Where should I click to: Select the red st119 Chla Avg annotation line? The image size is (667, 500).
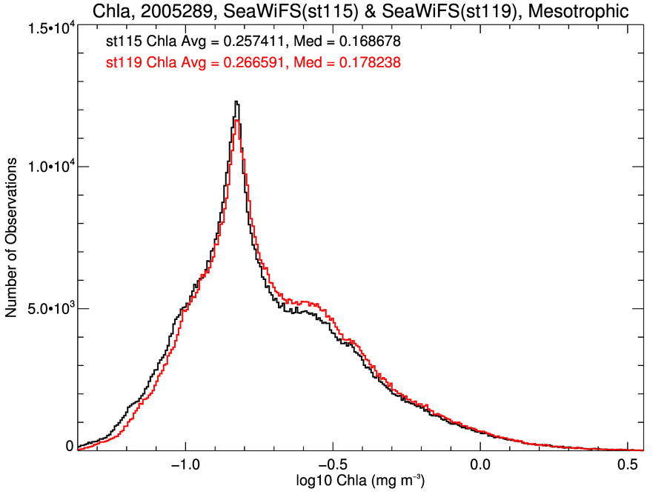[x=254, y=64]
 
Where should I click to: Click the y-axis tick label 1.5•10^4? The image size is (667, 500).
[x=48, y=29]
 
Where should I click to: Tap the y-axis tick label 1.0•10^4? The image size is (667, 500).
[x=48, y=167]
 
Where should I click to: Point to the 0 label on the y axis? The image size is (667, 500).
[x=69, y=446]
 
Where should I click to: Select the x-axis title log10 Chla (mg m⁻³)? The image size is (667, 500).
[x=360, y=481]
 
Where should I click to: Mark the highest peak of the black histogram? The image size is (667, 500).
[x=236, y=102]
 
